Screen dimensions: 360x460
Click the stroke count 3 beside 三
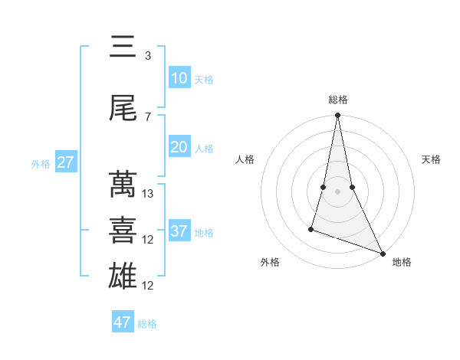click(x=148, y=56)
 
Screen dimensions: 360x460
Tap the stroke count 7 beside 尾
click(x=148, y=116)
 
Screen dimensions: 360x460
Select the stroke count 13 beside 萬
click(x=149, y=194)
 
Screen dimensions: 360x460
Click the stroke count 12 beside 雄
click(x=149, y=286)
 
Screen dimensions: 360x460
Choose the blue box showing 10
click(x=179, y=78)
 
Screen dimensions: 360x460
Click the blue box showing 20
click(x=179, y=147)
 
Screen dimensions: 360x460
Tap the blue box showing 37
click(x=179, y=231)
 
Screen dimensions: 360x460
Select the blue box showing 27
click(x=65, y=162)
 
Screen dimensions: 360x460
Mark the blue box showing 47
click(x=123, y=322)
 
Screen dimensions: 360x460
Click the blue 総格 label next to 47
click(x=147, y=324)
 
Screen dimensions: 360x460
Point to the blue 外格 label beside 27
click(x=41, y=163)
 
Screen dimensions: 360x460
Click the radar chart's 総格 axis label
click(x=337, y=100)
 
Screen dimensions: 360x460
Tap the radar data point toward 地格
click(x=382, y=252)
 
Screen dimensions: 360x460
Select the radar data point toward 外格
click(x=311, y=228)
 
